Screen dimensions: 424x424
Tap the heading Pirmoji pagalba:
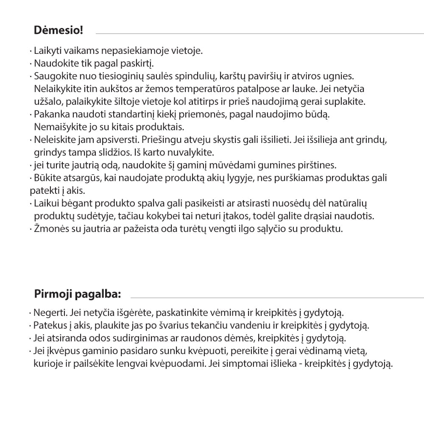point(77,294)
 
